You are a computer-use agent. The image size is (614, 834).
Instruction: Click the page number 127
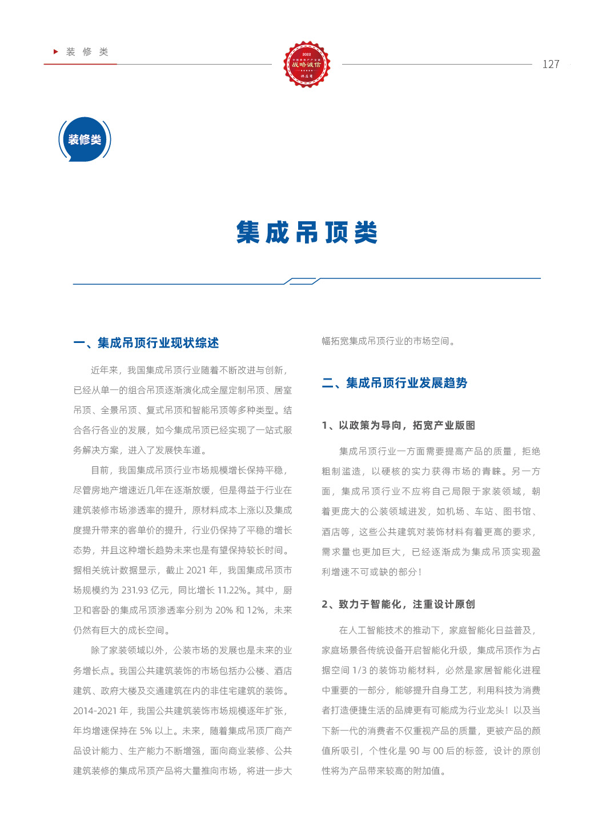click(x=551, y=64)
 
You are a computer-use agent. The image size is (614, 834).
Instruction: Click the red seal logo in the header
click(x=307, y=64)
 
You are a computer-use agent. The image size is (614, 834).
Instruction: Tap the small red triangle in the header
click(x=56, y=51)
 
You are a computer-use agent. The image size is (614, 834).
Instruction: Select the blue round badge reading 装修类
click(x=85, y=139)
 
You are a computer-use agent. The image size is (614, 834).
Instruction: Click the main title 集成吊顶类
click(x=307, y=233)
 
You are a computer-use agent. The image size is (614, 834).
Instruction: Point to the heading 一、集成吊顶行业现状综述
click(x=146, y=343)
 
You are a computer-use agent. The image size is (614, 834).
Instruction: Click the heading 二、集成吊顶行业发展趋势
click(x=395, y=383)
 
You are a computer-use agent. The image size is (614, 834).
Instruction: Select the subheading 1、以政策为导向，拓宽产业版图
click(x=399, y=425)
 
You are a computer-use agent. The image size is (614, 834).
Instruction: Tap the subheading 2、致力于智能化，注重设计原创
click(x=399, y=604)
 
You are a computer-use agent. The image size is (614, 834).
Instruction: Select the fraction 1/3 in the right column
click(x=359, y=671)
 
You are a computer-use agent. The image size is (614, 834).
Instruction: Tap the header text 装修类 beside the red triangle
click(x=87, y=52)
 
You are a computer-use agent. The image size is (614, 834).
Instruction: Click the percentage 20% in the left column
click(x=223, y=610)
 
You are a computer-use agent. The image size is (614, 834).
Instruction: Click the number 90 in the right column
click(x=415, y=751)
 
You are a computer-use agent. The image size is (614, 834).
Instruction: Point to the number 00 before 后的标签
click(x=439, y=751)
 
